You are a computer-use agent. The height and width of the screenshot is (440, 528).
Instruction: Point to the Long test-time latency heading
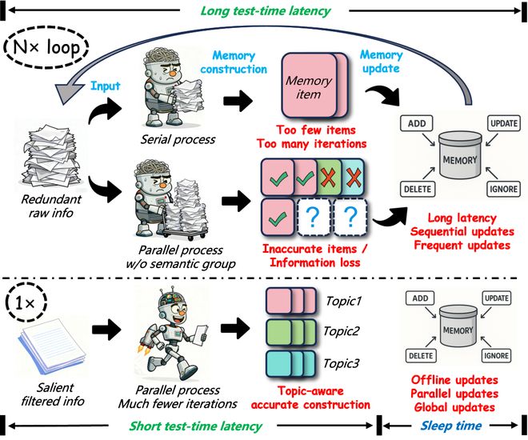click(264, 10)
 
